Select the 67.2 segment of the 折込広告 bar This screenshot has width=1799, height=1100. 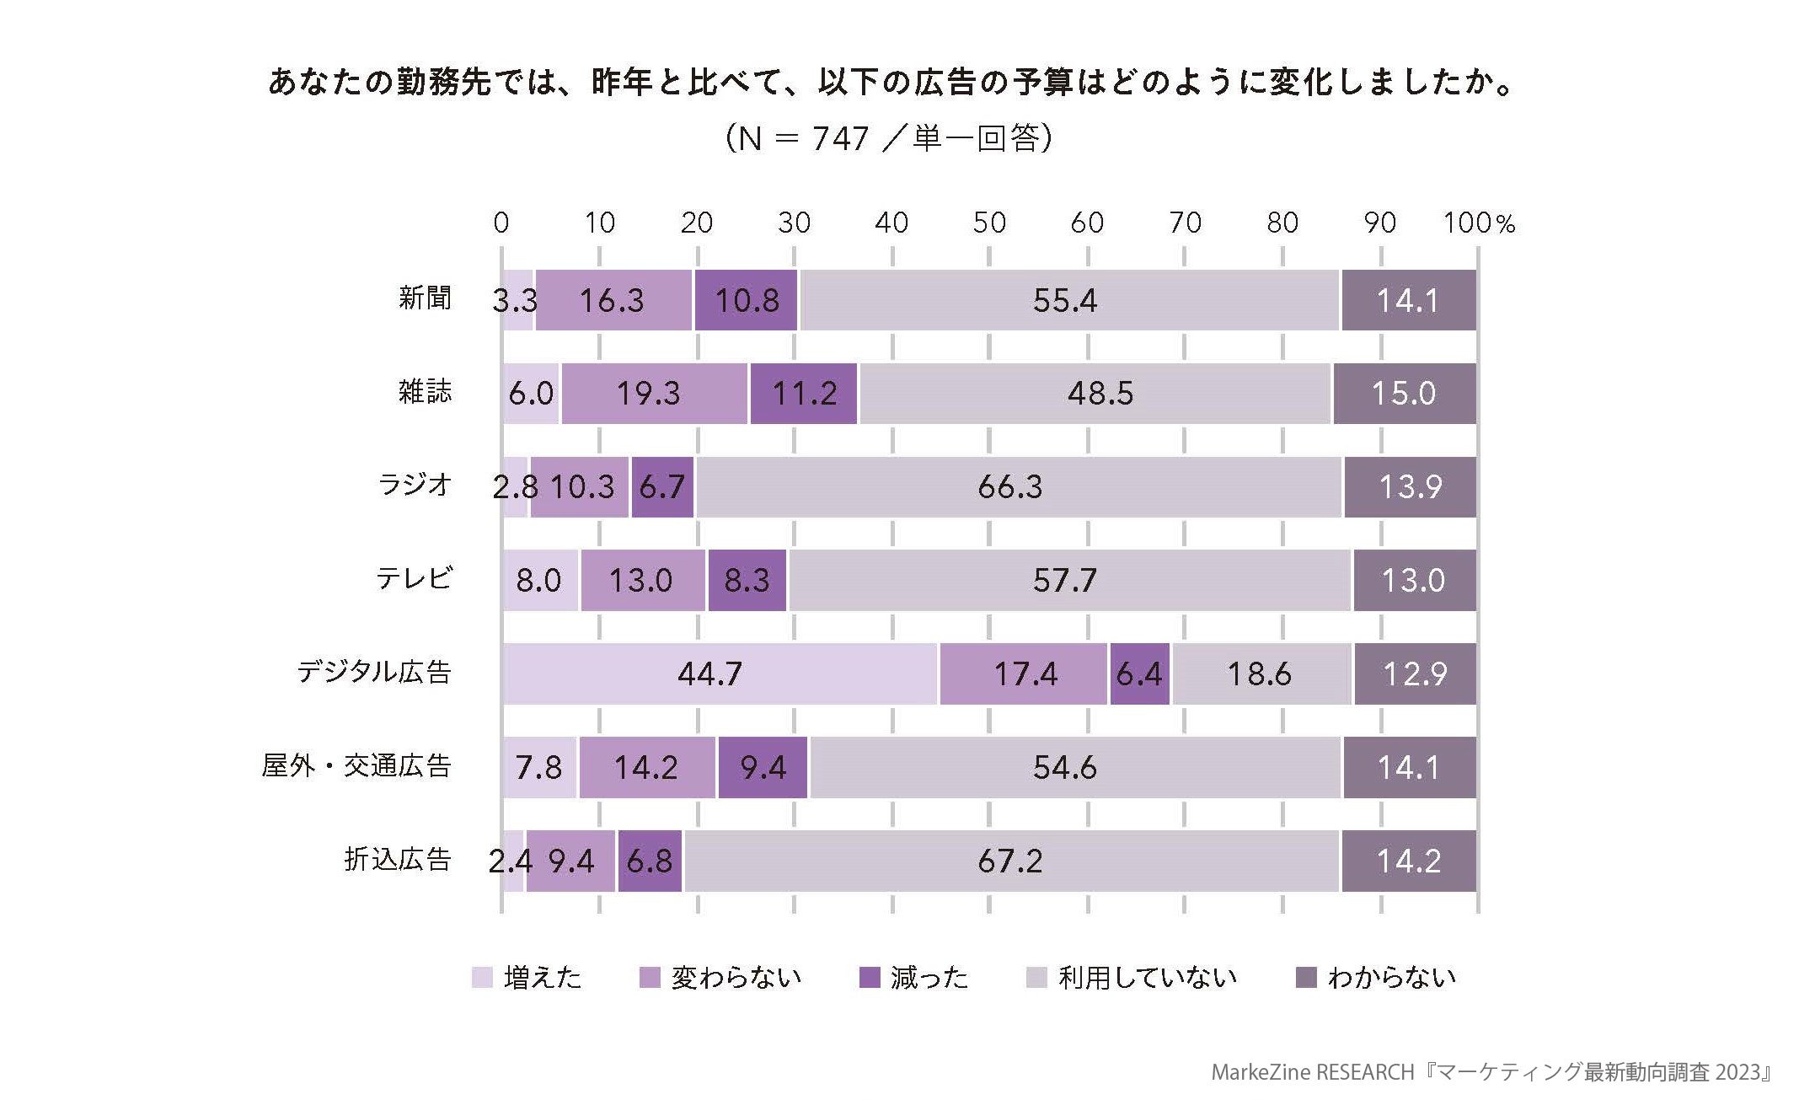1010,861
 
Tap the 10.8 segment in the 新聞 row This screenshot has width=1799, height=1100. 746,300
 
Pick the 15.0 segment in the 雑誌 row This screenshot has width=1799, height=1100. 1404,394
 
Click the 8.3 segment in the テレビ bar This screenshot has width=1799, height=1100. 747,580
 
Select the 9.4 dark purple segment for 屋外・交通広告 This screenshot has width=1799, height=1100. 763,767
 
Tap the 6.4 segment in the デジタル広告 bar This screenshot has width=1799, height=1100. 1139,673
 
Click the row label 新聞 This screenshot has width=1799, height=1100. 425,298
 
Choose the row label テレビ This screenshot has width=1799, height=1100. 414,578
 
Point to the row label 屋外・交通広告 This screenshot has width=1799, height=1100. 356,765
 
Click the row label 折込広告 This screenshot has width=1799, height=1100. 398,859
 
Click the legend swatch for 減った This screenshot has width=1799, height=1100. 869,977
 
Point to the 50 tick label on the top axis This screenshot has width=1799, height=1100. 988,223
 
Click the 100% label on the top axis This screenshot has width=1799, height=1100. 1478,223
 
